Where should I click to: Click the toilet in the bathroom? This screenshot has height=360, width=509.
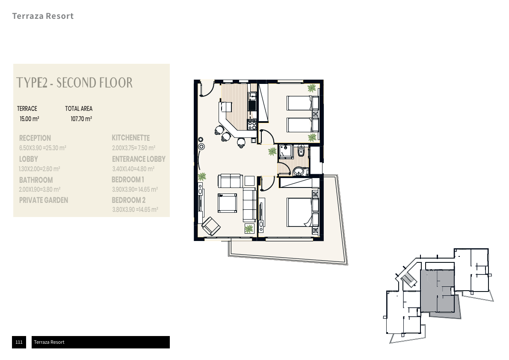click(301, 151)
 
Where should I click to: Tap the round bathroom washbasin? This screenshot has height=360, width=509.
click(298, 171)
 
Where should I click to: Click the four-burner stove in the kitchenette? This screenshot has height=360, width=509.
click(252, 125)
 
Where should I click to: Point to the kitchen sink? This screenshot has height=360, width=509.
click(252, 96)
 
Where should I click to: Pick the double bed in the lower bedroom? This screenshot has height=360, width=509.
click(302, 212)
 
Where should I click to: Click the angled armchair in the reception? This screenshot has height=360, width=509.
click(211, 226)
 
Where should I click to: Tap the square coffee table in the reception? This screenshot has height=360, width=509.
click(227, 203)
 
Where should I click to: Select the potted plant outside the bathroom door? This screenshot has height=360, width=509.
click(272, 152)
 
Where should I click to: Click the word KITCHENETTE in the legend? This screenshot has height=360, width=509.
click(131, 138)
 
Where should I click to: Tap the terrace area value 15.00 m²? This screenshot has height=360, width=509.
click(30, 119)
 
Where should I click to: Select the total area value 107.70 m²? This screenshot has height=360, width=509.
click(81, 119)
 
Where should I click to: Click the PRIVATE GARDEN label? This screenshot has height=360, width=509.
click(44, 200)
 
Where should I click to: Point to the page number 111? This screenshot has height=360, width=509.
click(19, 342)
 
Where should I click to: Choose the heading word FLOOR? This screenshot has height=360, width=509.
click(116, 83)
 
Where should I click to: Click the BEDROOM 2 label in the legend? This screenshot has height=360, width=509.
click(129, 200)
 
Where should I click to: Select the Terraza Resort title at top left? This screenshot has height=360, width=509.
click(43, 16)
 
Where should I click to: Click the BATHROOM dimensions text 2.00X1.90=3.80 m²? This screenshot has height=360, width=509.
click(40, 190)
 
